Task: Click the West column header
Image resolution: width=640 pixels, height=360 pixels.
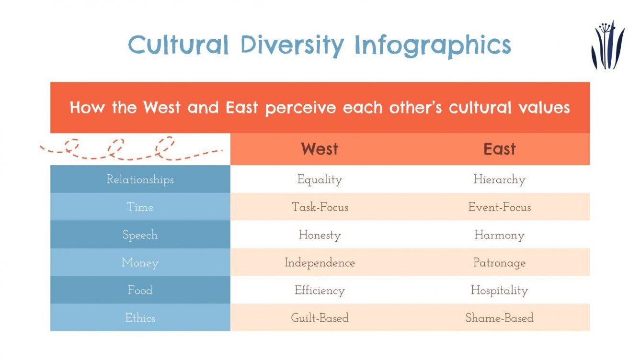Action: click(x=320, y=149)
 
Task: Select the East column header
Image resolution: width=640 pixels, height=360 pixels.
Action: click(x=500, y=149)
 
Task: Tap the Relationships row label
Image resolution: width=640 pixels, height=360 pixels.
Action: click(x=140, y=180)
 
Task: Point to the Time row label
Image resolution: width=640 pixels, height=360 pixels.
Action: click(x=140, y=207)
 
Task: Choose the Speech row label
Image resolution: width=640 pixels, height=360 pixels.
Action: click(x=140, y=235)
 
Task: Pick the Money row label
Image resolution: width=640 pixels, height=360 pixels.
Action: click(x=140, y=263)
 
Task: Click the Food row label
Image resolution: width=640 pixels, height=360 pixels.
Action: click(x=140, y=290)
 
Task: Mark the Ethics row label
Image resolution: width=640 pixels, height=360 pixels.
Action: click(x=140, y=318)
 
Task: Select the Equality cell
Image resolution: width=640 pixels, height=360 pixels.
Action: click(x=320, y=180)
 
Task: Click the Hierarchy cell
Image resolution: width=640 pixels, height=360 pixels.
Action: click(x=499, y=180)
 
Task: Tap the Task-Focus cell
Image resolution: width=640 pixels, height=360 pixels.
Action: click(x=320, y=207)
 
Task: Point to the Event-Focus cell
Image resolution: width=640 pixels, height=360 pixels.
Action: click(x=499, y=207)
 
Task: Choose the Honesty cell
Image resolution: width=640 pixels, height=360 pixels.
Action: click(x=320, y=235)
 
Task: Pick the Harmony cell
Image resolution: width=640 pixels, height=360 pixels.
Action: click(x=499, y=235)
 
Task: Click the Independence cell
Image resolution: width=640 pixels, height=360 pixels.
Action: click(x=320, y=263)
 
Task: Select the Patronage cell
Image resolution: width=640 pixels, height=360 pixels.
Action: click(x=499, y=263)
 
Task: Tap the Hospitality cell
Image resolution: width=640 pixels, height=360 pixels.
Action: click(x=499, y=291)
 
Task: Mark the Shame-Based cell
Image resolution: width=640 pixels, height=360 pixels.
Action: click(x=499, y=318)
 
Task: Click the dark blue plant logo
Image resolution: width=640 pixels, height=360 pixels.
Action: click(x=607, y=45)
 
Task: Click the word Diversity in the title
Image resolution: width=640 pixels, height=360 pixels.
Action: click(x=292, y=45)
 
